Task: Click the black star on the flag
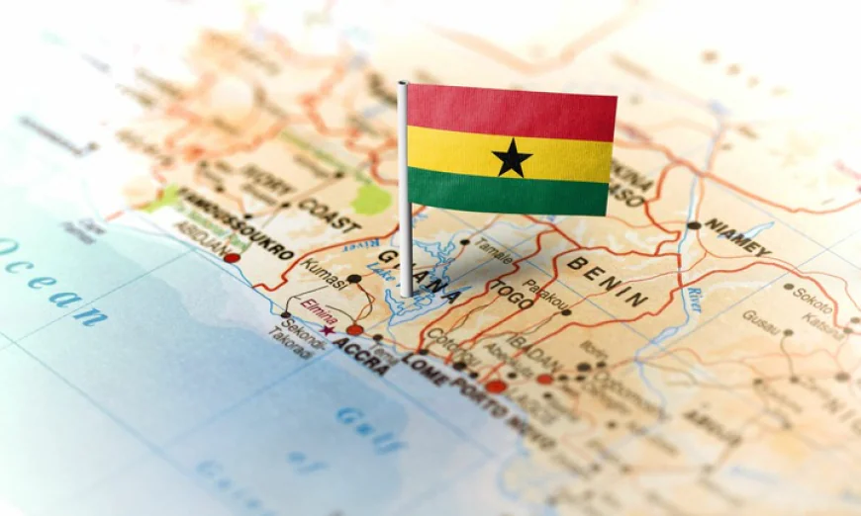[512, 158]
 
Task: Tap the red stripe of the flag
[511, 111]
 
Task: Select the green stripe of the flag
[511, 192]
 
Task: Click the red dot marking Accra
[354, 330]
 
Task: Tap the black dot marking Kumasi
[353, 279]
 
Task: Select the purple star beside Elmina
[328, 330]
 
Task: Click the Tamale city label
[493, 250]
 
